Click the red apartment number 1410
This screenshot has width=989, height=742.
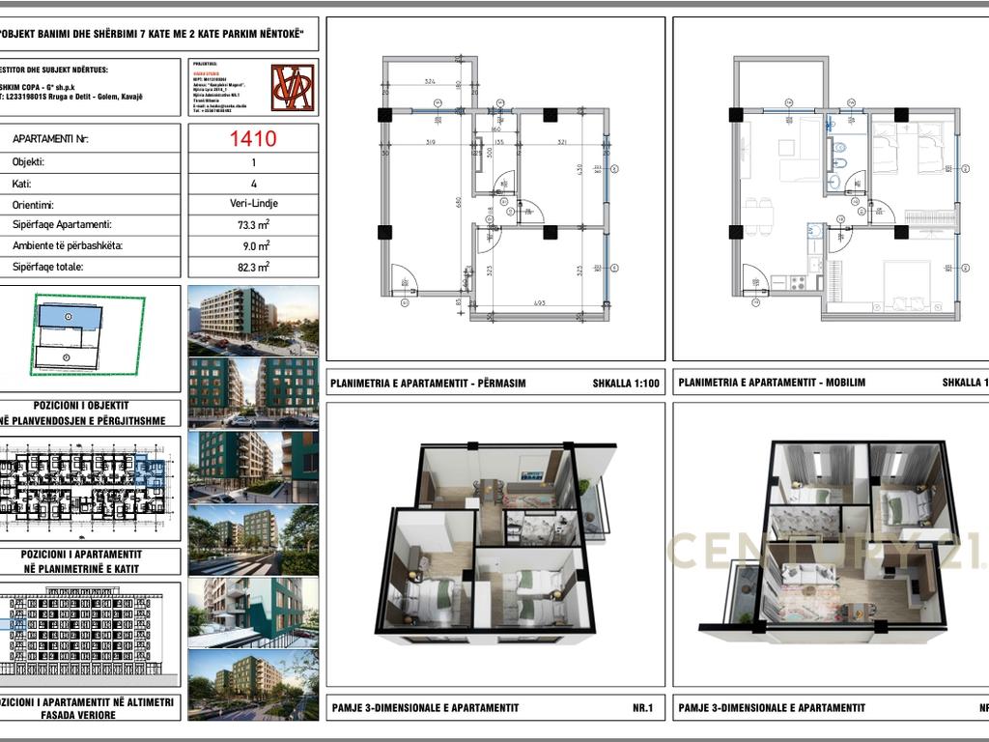253,138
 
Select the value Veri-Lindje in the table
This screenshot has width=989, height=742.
253,205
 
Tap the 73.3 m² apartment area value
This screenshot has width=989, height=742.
253,225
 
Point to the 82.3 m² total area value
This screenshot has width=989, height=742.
253,267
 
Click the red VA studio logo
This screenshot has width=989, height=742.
293,88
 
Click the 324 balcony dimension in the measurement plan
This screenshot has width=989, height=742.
431,82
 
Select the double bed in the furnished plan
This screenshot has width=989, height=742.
907,284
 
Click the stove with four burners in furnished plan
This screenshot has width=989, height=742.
799,282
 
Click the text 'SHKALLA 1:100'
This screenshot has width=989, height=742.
626,383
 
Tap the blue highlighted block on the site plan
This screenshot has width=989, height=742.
69,316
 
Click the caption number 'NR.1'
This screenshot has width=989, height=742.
643,708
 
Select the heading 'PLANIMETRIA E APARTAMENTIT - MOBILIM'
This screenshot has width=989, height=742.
772,383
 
